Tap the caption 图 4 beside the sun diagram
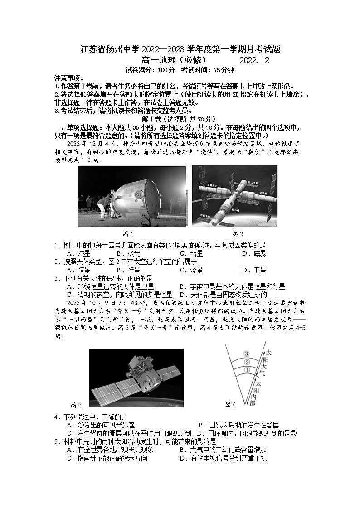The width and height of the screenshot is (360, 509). point(231,404)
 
